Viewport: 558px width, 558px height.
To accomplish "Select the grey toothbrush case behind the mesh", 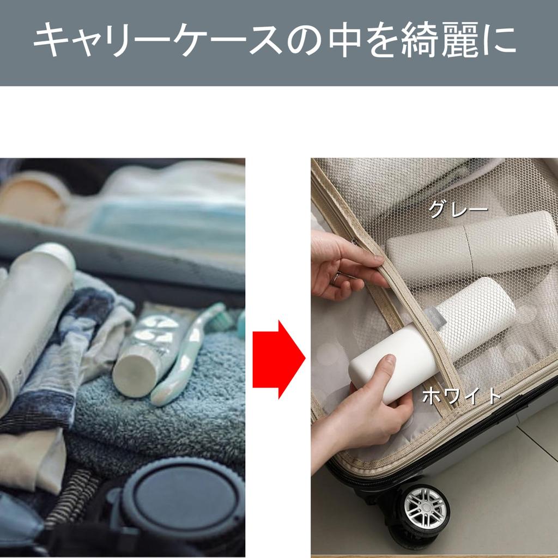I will point(469,245).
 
